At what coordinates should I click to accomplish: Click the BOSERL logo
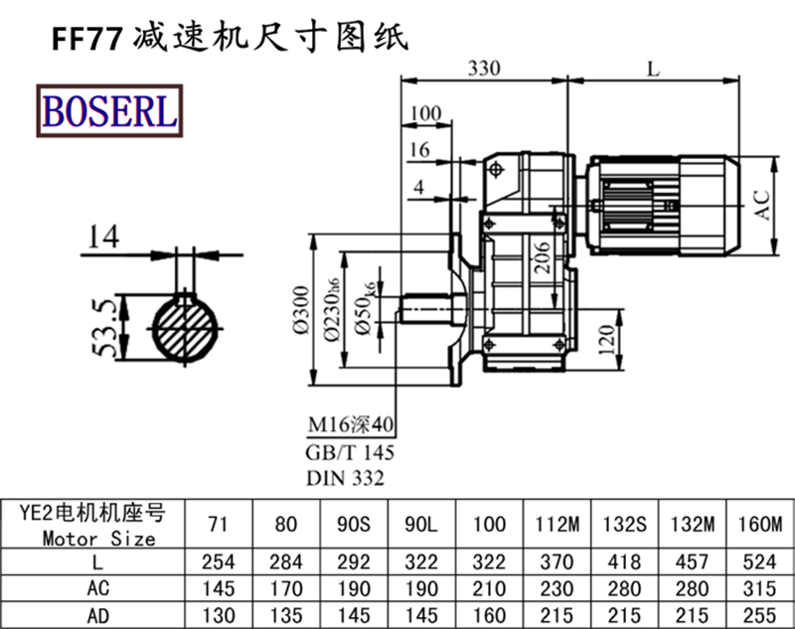[109, 109]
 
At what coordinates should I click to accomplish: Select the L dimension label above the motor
[653, 69]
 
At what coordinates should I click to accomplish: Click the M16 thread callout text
[350, 427]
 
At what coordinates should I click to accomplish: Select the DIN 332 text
[345, 478]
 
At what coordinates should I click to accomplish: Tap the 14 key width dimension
[103, 236]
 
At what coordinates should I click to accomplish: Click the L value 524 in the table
[761, 561]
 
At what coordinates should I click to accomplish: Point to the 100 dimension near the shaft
[424, 114]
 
